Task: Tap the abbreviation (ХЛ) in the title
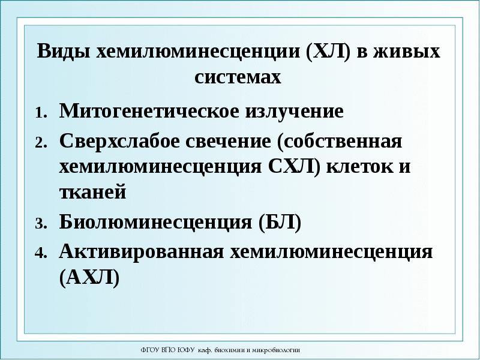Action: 328,52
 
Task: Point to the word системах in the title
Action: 238,77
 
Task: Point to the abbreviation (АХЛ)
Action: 89,277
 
